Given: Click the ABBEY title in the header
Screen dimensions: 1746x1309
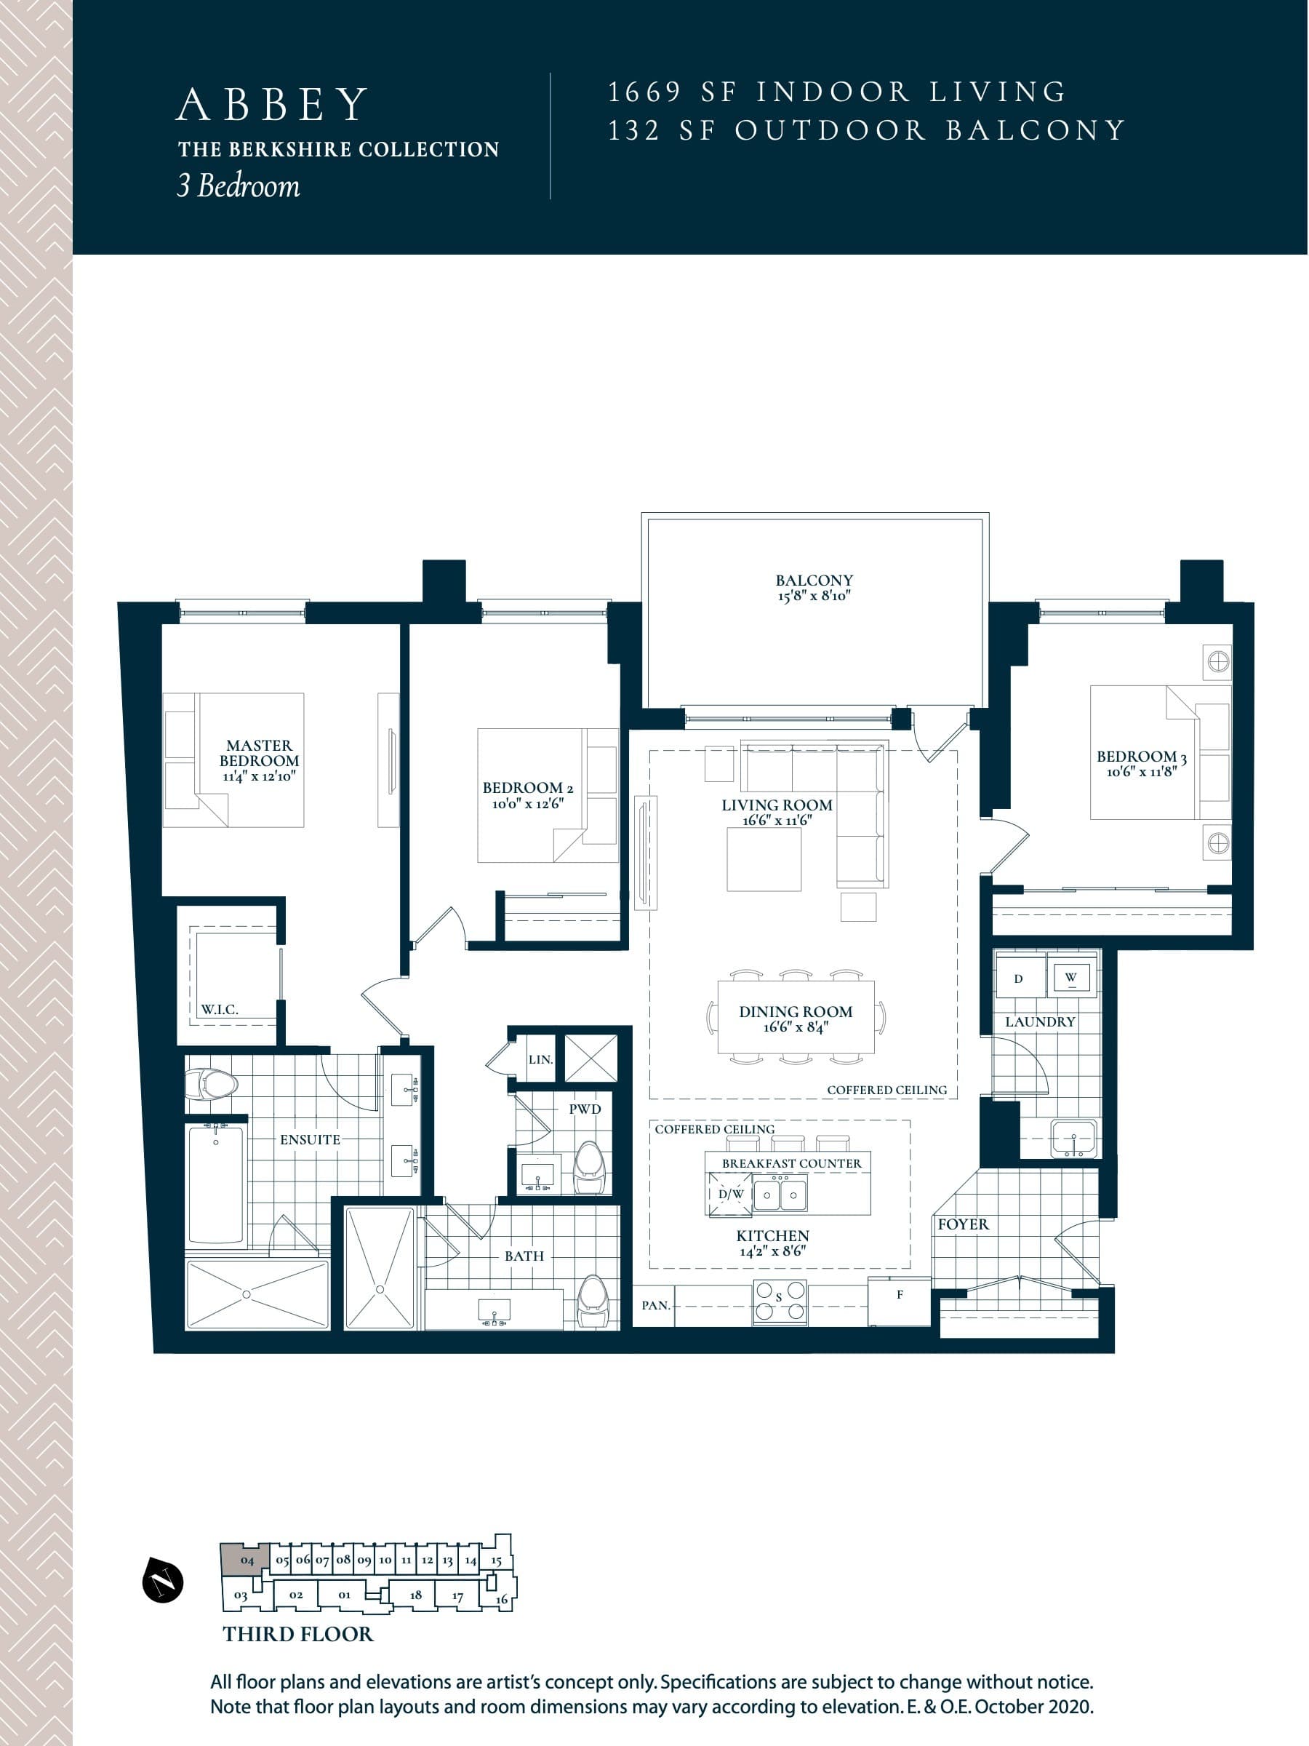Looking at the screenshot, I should click(x=272, y=104).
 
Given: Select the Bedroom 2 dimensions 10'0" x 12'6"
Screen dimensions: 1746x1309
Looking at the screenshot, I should click(x=527, y=804).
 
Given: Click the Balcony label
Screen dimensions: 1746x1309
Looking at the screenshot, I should click(x=814, y=580).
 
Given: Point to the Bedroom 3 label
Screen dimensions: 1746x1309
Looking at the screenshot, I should click(x=1141, y=756).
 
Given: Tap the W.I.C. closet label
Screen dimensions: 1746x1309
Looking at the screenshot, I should click(x=219, y=1009).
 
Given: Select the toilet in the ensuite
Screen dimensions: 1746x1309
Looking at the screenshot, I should click(x=212, y=1085).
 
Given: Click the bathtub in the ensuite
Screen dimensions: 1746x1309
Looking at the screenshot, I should click(x=215, y=1183).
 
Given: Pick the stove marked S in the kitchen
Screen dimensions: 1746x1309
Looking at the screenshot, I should click(x=780, y=1301).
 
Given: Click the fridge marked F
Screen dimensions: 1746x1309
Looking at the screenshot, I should click(x=900, y=1301).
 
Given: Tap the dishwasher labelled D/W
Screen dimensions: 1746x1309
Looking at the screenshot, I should click(x=730, y=1195).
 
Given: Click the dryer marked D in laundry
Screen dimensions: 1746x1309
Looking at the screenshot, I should click(x=1019, y=978).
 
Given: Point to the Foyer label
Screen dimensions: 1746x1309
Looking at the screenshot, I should click(x=963, y=1224).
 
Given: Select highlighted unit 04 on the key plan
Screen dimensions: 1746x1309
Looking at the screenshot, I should click(x=247, y=1560).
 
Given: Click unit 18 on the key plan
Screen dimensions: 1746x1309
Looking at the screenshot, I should click(x=416, y=1595).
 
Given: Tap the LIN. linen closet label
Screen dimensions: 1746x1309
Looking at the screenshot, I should click(x=540, y=1059).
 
